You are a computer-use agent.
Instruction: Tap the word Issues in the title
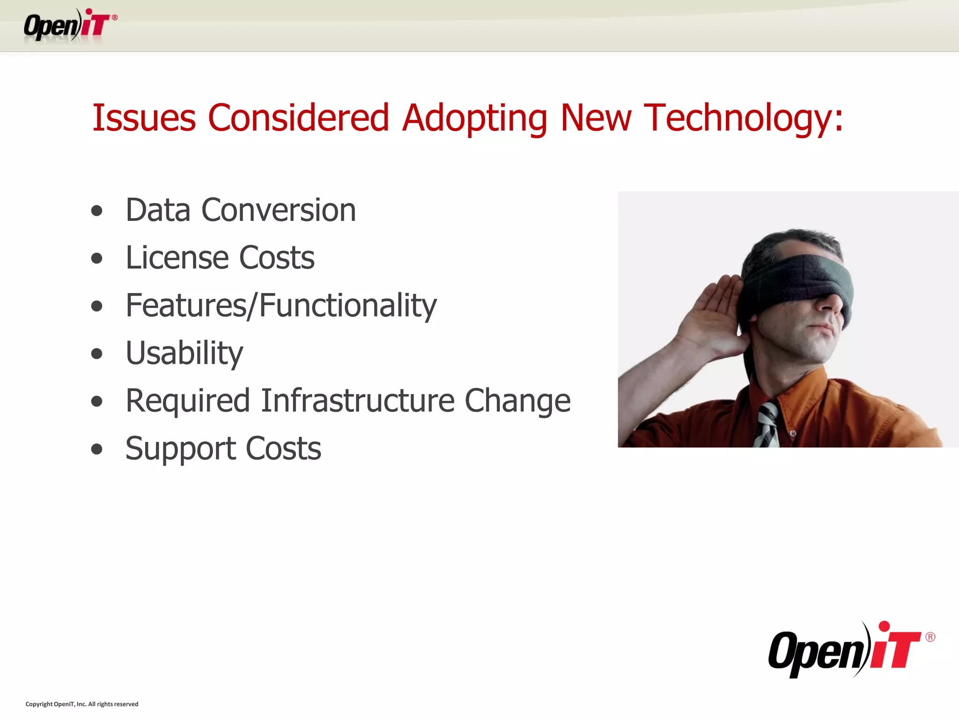144,117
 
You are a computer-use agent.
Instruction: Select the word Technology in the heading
743,118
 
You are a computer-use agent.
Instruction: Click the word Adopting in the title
474,118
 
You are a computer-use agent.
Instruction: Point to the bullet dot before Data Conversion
97,211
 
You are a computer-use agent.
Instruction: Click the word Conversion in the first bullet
279,210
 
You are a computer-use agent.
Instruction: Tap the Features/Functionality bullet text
281,306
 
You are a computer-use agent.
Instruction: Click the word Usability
184,353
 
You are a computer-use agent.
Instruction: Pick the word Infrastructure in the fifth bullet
357,401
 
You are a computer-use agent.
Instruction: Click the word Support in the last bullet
180,449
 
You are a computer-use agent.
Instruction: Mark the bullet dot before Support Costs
97,450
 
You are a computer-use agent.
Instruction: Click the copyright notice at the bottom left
82,704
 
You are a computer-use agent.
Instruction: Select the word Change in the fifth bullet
517,401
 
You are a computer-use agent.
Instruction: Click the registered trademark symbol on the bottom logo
930,637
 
